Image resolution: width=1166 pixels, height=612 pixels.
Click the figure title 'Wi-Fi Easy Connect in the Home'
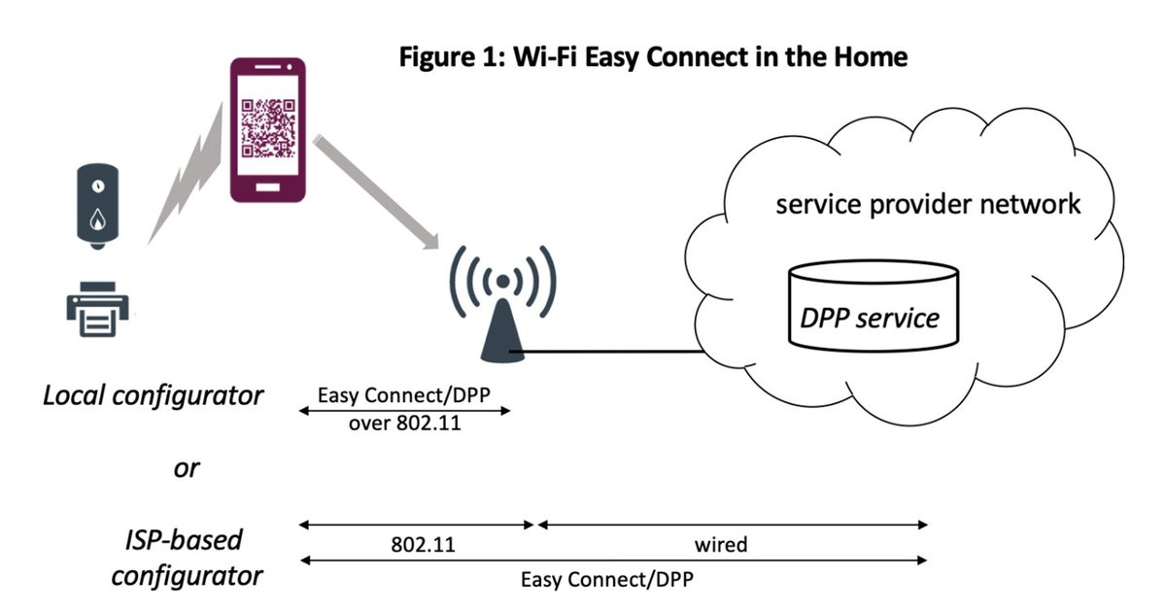click(653, 56)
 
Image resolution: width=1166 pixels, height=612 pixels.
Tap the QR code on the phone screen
click(267, 129)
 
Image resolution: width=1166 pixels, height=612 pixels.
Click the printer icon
click(95, 310)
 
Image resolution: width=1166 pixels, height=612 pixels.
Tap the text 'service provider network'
click(927, 204)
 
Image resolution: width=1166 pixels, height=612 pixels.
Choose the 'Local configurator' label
click(153, 395)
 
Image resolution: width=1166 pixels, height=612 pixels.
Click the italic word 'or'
click(186, 467)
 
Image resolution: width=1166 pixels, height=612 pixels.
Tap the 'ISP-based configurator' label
click(186, 557)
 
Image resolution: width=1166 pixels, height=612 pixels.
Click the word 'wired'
click(721, 544)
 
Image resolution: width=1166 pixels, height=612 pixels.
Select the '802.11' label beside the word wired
click(422, 544)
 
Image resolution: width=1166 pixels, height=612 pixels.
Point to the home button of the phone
click(268, 182)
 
